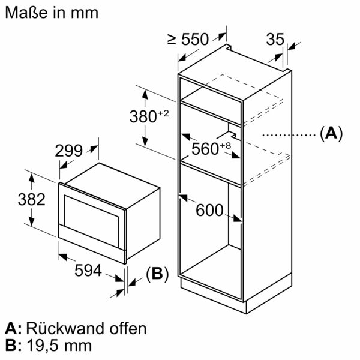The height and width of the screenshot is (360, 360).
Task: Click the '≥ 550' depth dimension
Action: point(188,40)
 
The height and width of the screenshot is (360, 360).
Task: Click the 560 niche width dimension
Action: point(205,149)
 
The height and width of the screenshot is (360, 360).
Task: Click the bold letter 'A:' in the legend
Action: point(13,328)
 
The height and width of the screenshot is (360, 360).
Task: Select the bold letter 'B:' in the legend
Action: point(13,346)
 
